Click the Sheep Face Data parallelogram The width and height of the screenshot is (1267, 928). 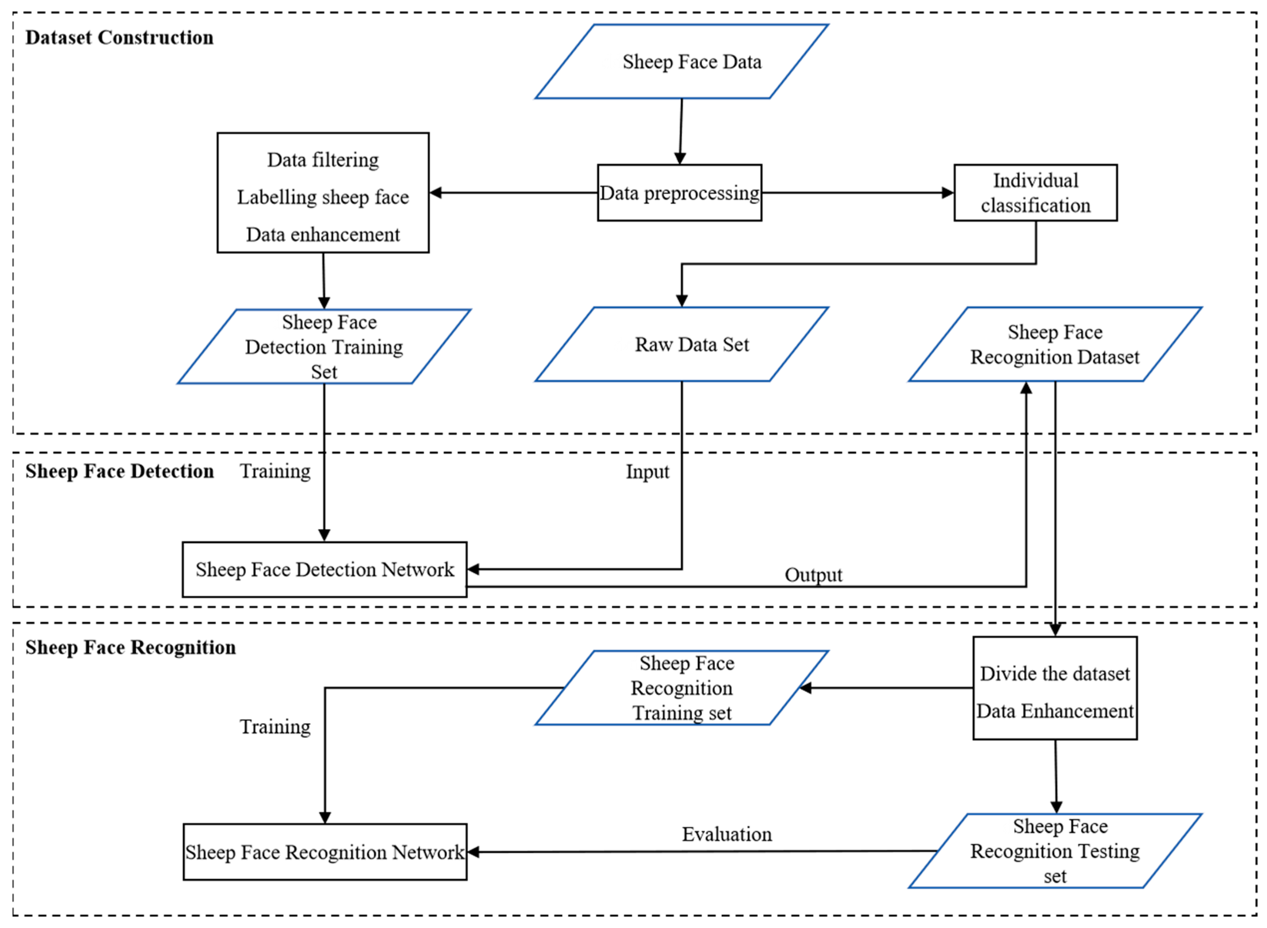[x=681, y=62]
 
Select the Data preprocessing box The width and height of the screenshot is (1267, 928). [x=679, y=193]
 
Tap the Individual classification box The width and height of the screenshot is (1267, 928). [x=1035, y=193]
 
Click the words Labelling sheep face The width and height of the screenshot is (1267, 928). [x=323, y=197]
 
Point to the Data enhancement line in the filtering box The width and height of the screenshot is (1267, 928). [x=323, y=234]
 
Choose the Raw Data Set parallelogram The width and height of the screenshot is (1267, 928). [x=681, y=344]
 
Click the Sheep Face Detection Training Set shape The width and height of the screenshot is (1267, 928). [x=324, y=347]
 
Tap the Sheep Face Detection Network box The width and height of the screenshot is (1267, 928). [x=324, y=569]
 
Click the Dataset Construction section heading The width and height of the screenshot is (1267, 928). [x=119, y=38]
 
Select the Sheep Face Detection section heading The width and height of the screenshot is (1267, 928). [x=119, y=471]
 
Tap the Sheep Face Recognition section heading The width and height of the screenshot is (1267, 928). [x=130, y=647]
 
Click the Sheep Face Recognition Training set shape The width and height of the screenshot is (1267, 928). [x=681, y=688]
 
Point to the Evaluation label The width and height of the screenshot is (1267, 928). [x=726, y=834]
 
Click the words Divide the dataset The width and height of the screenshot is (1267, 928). [x=1054, y=673]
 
